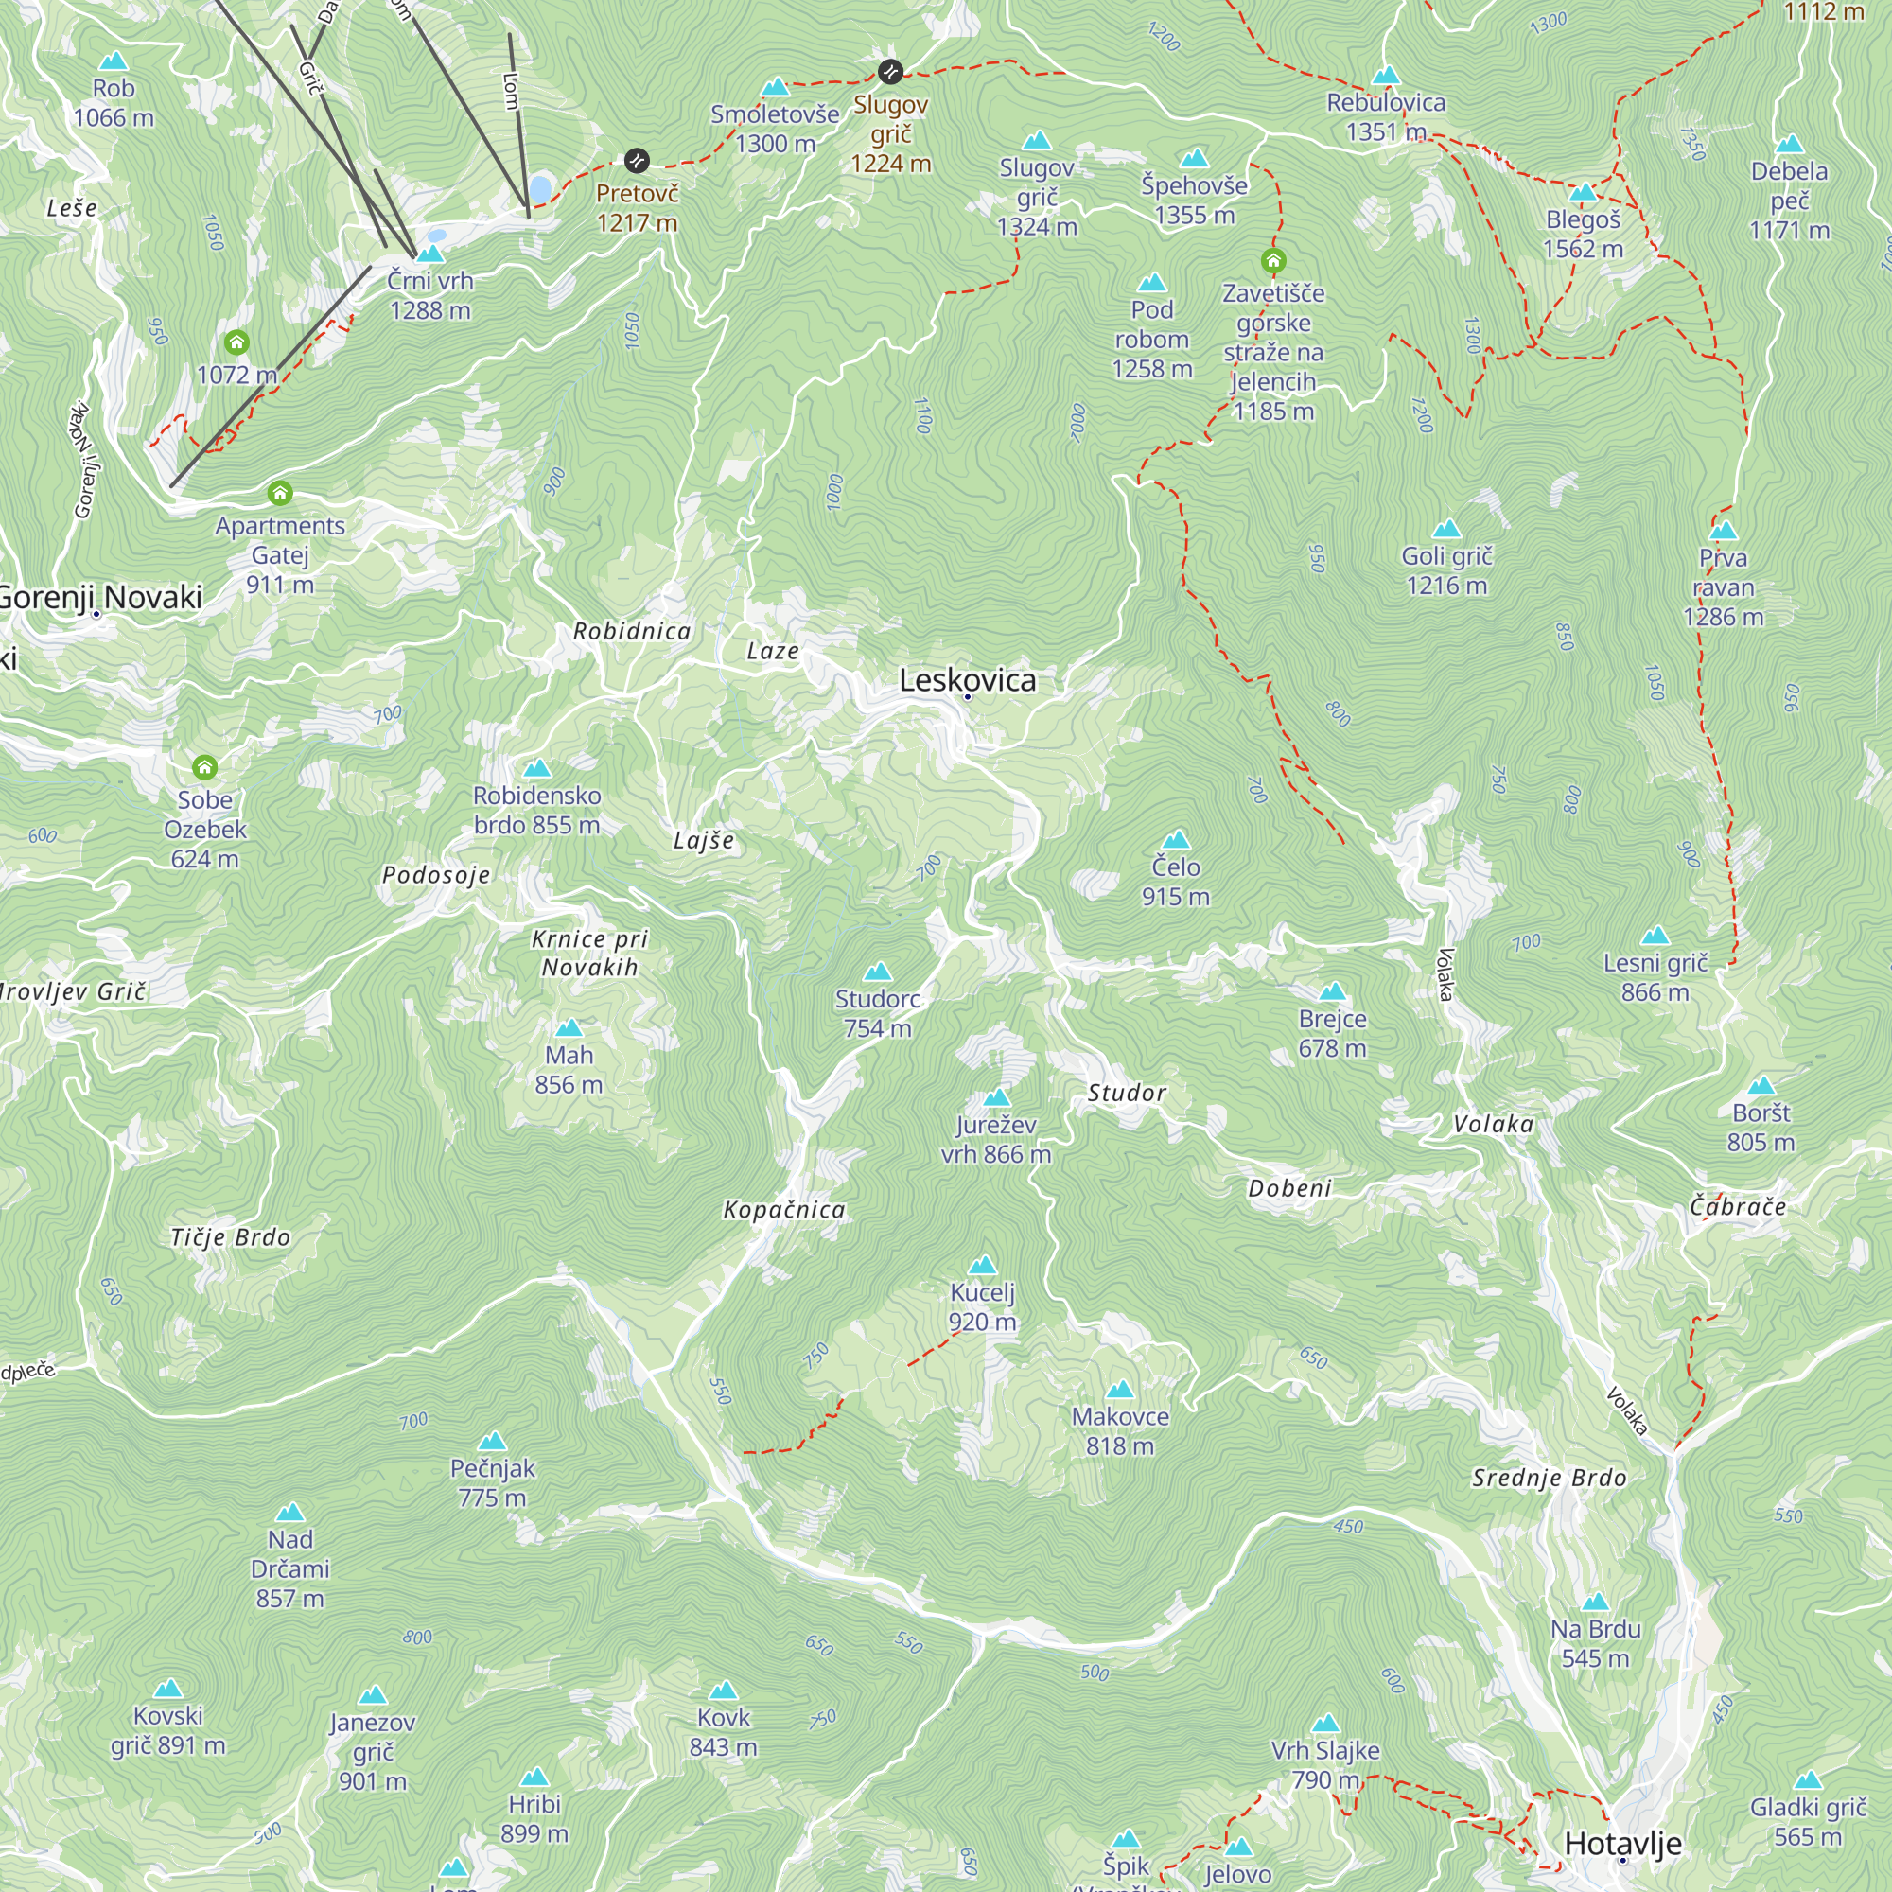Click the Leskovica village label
(967, 679)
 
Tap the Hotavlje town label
(1622, 1843)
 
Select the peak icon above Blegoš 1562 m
(1583, 193)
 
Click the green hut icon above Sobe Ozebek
(204, 767)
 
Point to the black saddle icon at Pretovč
(637, 161)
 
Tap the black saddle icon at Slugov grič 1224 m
(889, 72)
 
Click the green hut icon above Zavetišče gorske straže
(1273, 261)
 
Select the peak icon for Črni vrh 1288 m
(429, 254)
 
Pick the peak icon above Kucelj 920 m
(982, 1265)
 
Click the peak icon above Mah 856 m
(569, 1028)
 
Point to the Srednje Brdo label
(1550, 1478)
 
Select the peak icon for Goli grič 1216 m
(1446, 530)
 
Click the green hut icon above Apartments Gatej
(280, 493)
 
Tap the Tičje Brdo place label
(231, 1237)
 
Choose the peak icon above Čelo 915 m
(1175, 840)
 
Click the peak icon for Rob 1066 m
(114, 61)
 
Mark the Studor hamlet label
(1126, 1093)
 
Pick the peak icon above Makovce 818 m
(1119, 1390)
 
